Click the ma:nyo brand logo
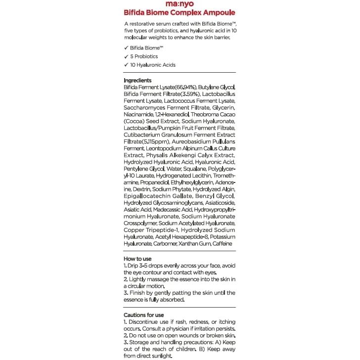click(180, 5)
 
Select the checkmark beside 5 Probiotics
click(126, 57)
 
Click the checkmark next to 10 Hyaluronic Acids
click(126, 65)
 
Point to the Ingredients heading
click(137, 80)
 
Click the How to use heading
click(137, 259)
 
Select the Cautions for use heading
click(143, 315)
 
